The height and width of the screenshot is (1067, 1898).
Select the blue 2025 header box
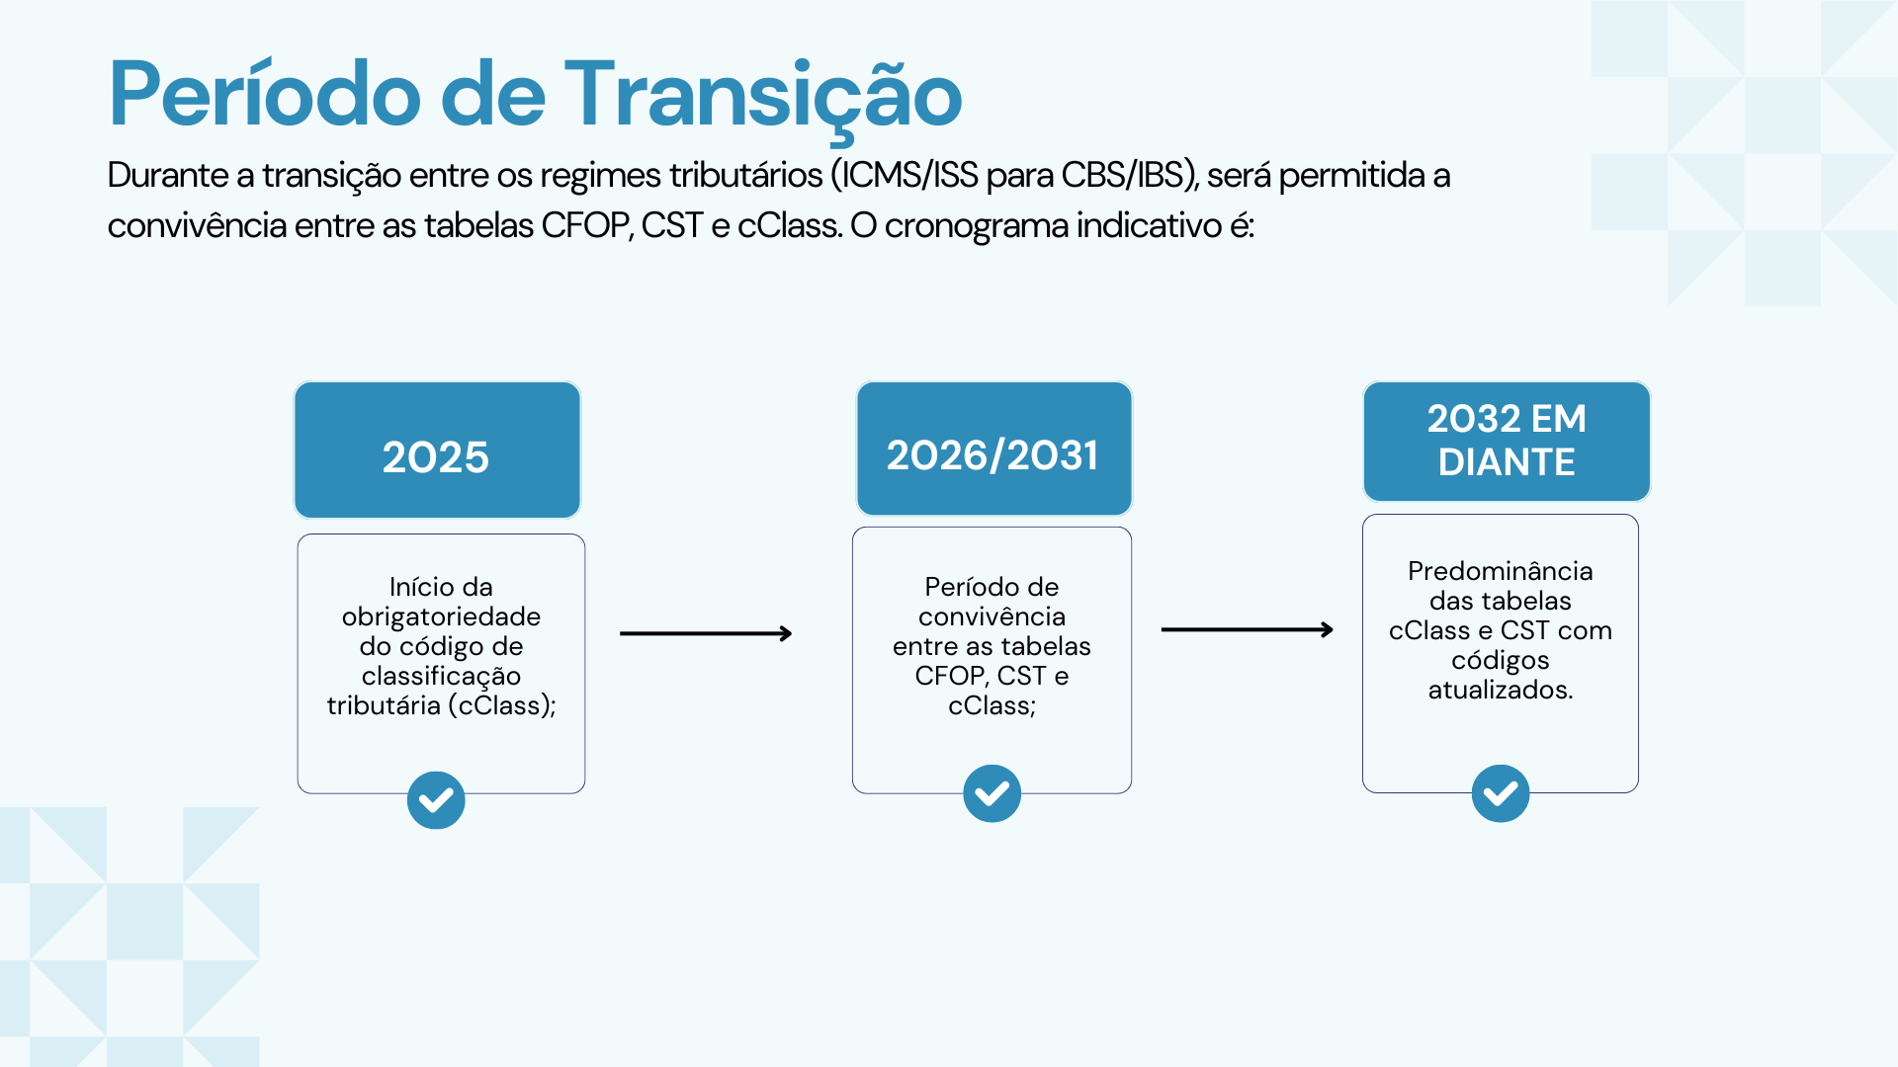pyautogui.click(x=437, y=451)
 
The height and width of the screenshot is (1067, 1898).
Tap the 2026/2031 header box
pyautogui.click(x=993, y=449)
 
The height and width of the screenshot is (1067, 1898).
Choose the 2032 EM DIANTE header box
pyautogui.click(x=1507, y=442)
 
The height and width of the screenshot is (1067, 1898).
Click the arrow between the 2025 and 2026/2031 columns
pyautogui.click(x=706, y=633)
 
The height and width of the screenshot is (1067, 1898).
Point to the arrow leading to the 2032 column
pyautogui.click(x=1248, y=629)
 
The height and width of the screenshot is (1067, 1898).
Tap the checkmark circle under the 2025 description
pyautogui.click(x=436, y=800)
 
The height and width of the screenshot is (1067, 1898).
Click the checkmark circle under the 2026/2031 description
pyautogui.click(x=992, y=793)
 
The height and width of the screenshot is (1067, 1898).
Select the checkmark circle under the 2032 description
pyautogui.click(x=1501, y=793)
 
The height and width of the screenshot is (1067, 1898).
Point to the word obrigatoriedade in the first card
pyautogui.click(x=441, y=616)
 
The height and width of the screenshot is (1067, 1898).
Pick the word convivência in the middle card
pyautogui.click(x=992, y=616)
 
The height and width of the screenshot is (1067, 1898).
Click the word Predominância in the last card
pyautogui.click(x=1501, y=571)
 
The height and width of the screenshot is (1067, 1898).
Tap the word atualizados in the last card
pyautogui.click(x=1499, y=690)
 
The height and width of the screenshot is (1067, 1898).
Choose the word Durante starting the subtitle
pyautogui.click(x=168, y=175)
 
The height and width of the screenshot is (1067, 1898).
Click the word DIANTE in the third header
pyautogui.click(x=1507, y=462)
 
